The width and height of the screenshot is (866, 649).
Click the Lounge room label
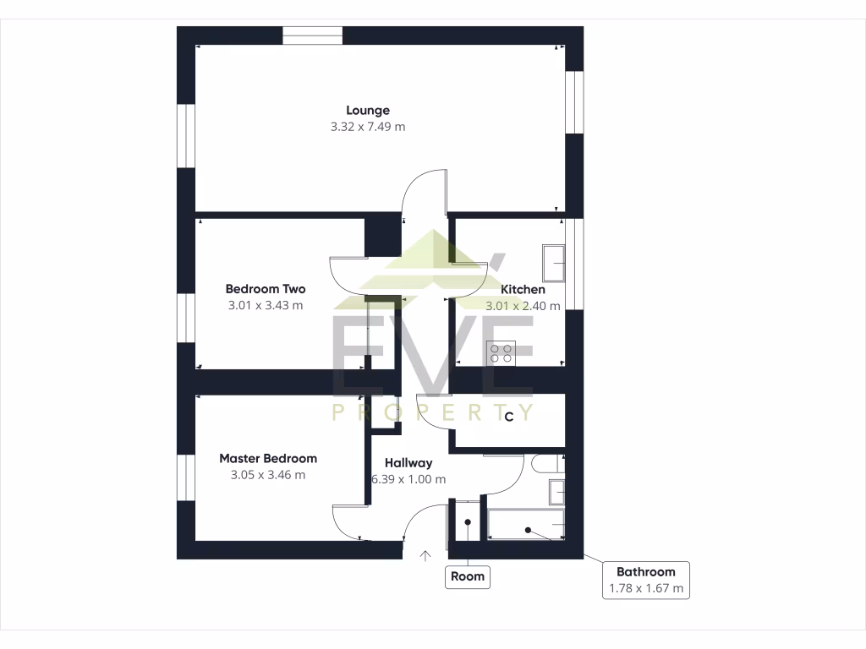pyautogui.click(x=367, y=110)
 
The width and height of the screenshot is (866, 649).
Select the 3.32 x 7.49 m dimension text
pyautogui.click(x=367, y=127)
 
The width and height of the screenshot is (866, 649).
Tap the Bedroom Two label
pyautogui.click(x=266, y=289)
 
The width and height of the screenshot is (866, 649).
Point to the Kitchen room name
pyautogui.click(x=523, y=289)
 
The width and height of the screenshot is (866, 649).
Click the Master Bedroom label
pyautogui.click(x=268, y=458)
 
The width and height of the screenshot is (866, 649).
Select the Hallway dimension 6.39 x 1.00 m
pyautogui.click(x=408, y=479)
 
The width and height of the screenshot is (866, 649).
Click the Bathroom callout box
pyautogui.click(x=645, y=580)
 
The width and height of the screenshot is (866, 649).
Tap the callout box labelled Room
pyautogui.click(x=467, y=576)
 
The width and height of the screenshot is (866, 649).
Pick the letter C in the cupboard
pyautogui.click(x=509, y=417)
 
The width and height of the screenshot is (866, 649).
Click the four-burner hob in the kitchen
pyautogui.click(x=501, y=352)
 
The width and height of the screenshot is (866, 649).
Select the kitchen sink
pyautogui.click(x=554, y=264)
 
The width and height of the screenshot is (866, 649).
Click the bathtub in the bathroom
pyautogui.click(x=525, y=524)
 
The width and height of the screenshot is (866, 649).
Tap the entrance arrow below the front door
pyautogui.click(x=425, y=555)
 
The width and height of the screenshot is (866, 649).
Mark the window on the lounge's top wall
pyautogui.click(x=312, y=35)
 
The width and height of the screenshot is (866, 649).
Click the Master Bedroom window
pyautogui.click(x=185, y=477)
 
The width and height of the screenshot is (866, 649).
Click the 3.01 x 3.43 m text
pyautogui.click(x=266, y=306)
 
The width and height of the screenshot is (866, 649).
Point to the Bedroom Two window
pyautogui.click(x=185, y=318)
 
